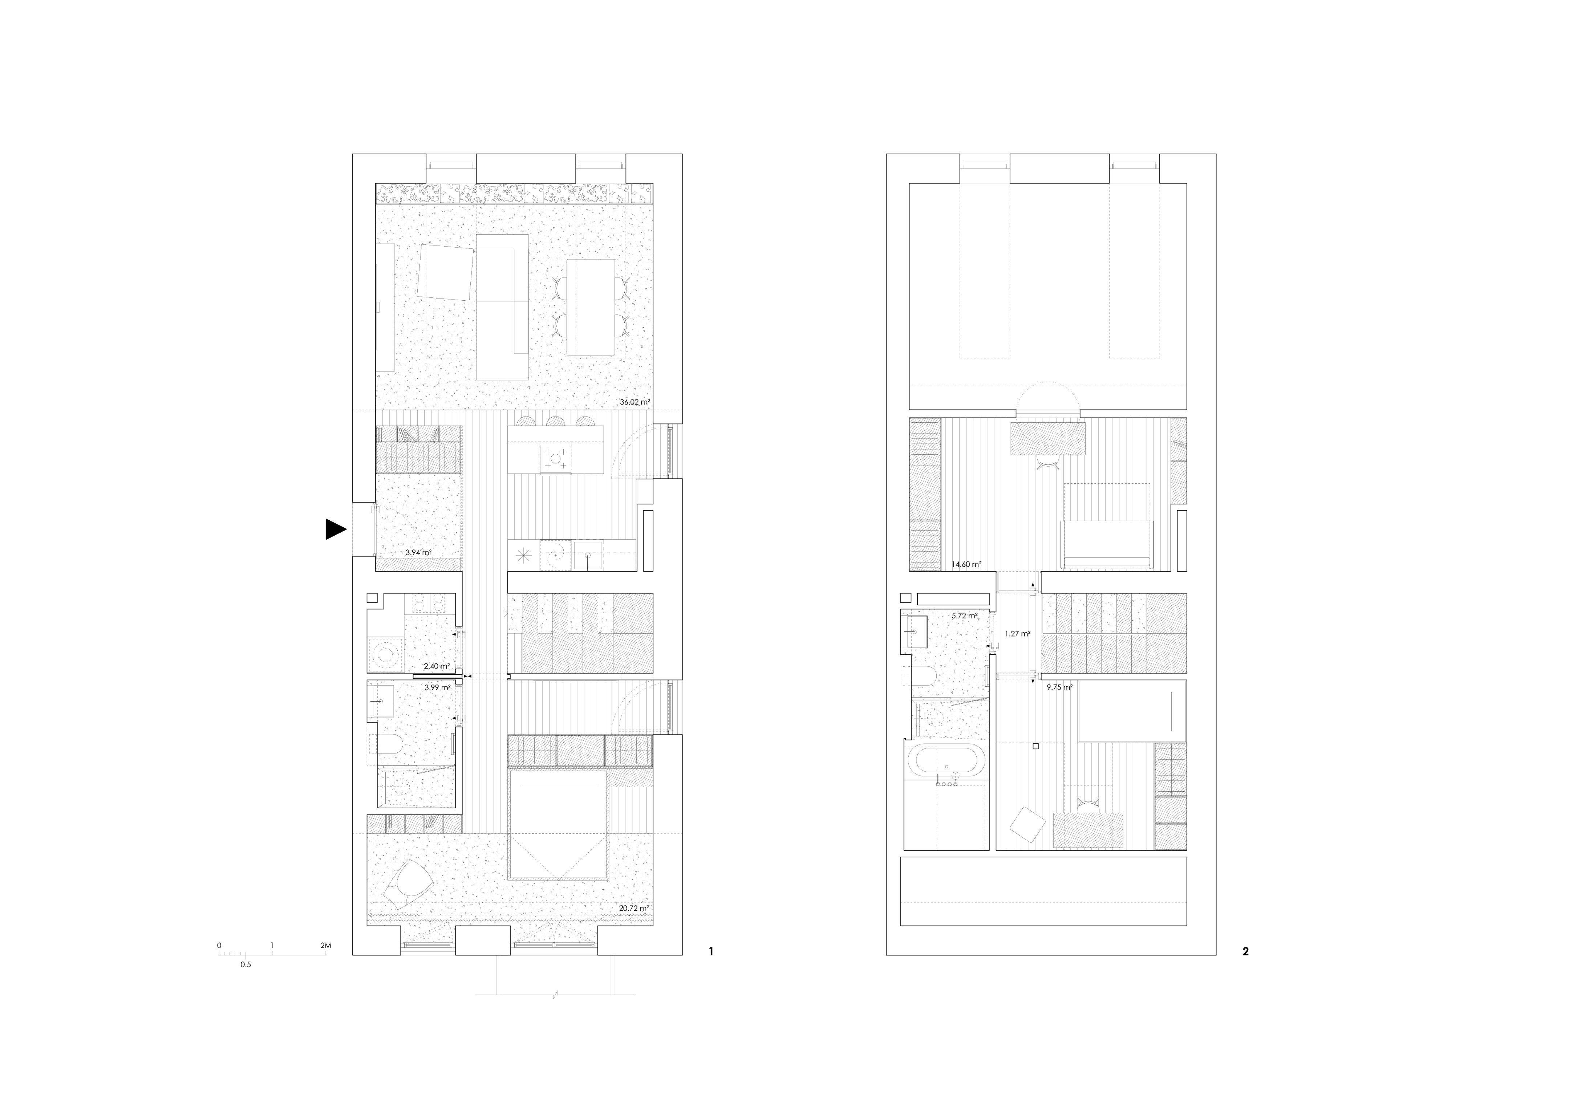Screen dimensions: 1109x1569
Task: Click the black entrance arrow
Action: point(335,529)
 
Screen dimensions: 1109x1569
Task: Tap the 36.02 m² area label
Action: point(634,402)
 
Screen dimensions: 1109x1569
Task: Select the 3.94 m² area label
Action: point(418,552)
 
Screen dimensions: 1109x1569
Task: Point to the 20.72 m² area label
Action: point(633,908)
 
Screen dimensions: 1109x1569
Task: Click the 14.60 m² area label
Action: point(966,564)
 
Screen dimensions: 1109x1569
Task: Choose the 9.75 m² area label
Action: point(1059,687)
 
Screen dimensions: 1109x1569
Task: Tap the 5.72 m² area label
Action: point(964,616)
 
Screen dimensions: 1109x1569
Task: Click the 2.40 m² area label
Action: point(436,666)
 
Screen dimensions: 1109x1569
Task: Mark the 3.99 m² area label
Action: point(437,687)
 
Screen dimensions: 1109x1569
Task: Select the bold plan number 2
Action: point(1245,951)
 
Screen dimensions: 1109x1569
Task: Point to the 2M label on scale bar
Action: point(325,946)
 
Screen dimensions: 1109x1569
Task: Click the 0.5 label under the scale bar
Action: point(245,965)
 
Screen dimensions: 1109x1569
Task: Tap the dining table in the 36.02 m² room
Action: point(591,307)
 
